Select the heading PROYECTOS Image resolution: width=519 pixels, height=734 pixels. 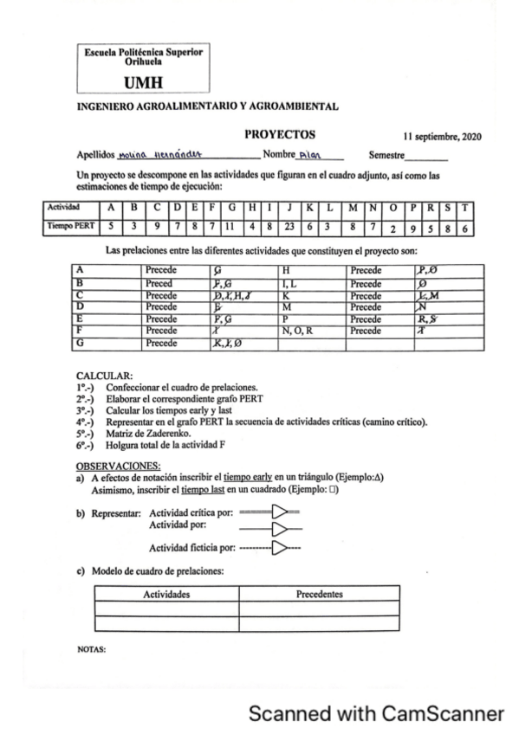280,134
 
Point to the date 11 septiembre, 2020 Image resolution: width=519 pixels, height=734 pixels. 442,137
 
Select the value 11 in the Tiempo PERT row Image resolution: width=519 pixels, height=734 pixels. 232,228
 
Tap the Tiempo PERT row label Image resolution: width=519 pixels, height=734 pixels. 69,228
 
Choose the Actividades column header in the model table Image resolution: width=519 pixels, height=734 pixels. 166,595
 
